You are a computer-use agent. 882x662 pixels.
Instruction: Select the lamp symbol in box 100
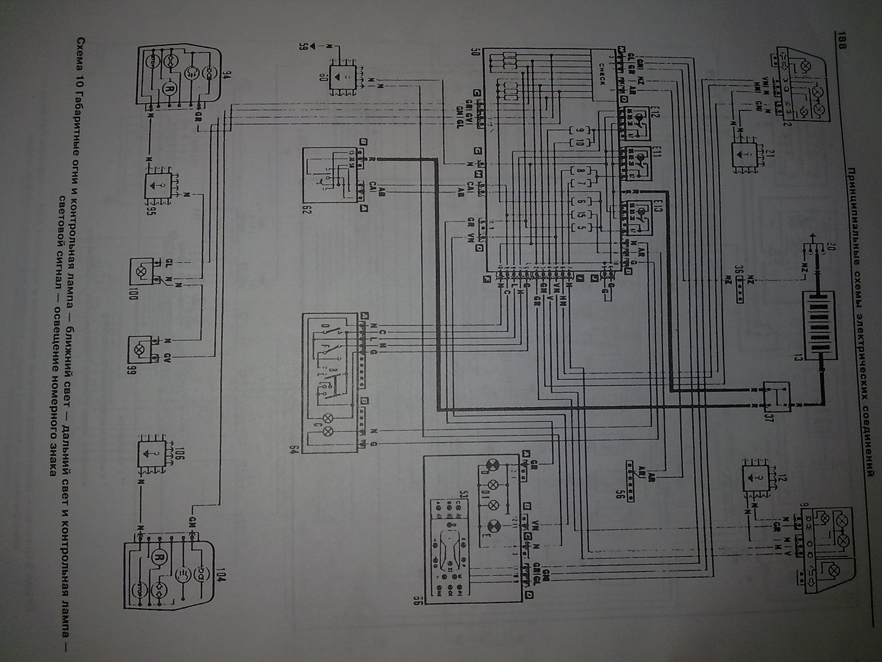pos(140,272)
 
